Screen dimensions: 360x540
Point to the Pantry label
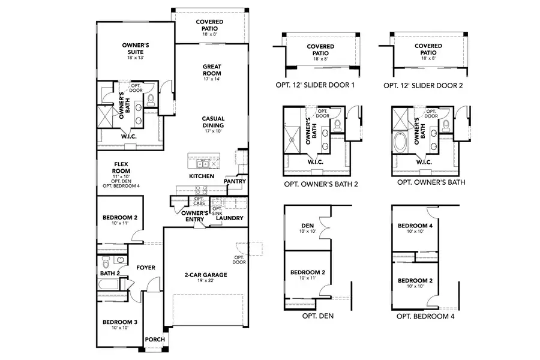click(x=235, y=181)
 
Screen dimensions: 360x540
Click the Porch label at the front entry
click(x=152, y=339)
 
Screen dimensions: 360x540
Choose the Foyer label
click(x=146, y=267)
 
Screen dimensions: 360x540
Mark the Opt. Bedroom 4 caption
click(x=424, y=315)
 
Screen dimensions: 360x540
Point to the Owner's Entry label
click(x=194, y=216)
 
